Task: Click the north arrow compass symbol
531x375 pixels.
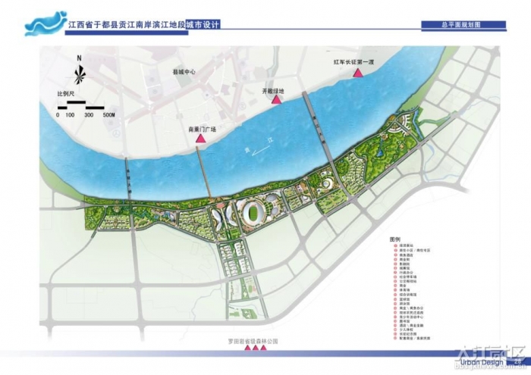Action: click(x=79, y=73)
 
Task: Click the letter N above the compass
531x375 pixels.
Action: click(x=79, y=58)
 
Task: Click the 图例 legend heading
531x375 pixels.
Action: click(x=394, y=239)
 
